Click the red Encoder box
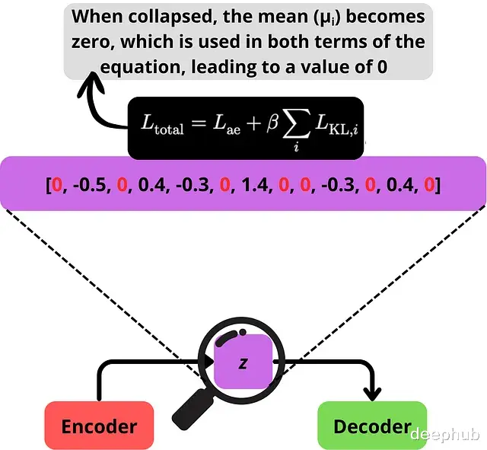tap(99, 426)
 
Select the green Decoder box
tap(372, 426)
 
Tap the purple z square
tap(243, 363)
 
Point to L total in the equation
tap(163, 126)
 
